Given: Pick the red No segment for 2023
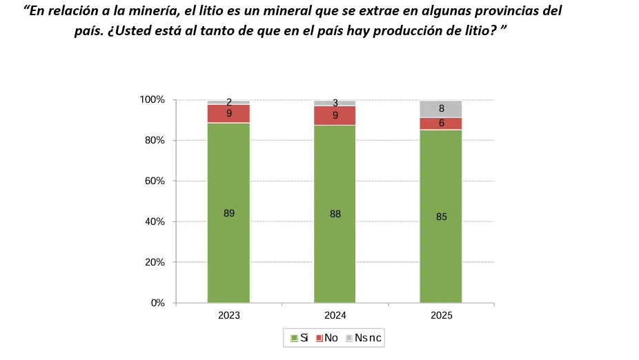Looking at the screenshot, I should point(228,114).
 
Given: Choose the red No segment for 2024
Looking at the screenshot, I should point(335,116).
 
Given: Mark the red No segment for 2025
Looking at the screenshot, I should point(441,123).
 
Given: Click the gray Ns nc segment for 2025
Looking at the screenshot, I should point(441,109).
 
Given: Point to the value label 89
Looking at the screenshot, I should point(229,214).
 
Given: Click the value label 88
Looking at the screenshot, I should point(335,214).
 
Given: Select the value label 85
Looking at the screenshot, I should point(442,217).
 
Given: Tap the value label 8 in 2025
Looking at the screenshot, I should point(442,109).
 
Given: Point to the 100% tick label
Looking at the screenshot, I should point(152,100).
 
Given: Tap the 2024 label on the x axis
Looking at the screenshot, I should point(335,315).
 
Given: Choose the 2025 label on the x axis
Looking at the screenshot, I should point(442,315).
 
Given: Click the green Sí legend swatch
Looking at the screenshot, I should point(293,338).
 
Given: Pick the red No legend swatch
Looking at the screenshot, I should point(319,338).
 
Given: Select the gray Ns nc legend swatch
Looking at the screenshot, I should point(349,338).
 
